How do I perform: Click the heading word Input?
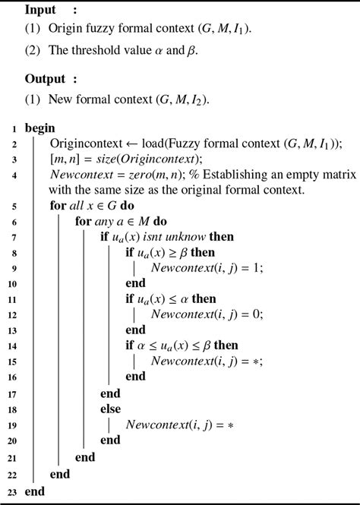coord(41,10)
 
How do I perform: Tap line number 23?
coord(13,492)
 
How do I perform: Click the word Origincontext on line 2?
coord(86,144)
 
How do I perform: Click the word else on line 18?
coord(112,409)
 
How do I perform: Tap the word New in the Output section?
coord(61,99)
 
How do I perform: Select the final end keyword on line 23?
coord(35,492)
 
